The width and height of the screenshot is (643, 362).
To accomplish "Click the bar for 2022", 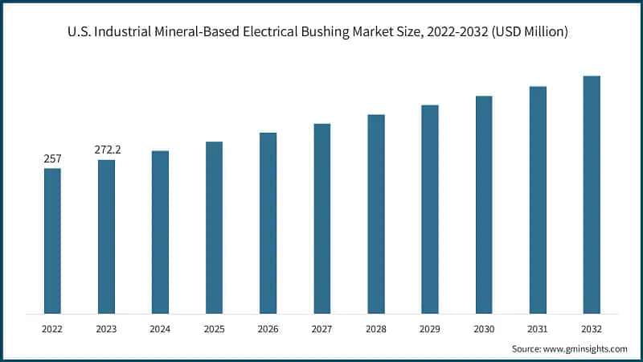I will click(x=52, y=241).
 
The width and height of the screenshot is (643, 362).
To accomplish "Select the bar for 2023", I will click(x=106, y=237).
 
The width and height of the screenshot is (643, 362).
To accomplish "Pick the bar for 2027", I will click(x=321, y=218).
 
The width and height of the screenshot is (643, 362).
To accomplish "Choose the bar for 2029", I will click(x=430, y=209).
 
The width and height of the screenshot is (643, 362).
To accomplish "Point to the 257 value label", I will click(x=52, y=159).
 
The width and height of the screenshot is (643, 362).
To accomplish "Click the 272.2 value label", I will click(x=106, y=150).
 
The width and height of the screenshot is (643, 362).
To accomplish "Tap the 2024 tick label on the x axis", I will click(x=160, y=328).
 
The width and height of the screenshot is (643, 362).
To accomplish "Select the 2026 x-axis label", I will click(x=268, y=328).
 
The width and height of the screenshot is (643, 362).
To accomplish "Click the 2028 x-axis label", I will click(x=375, y=328).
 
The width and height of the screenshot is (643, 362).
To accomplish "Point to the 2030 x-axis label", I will click(x=484, y=328).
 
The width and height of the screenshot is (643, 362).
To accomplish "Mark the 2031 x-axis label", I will click(x=538, y=328).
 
